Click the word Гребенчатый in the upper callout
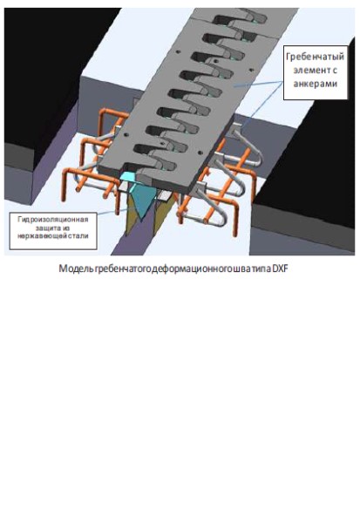tap(316, 57)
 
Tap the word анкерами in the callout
tap(316, 84)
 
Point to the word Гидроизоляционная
tap(53, 219)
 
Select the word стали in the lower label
tap(78, 235)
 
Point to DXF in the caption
tap(280, 268)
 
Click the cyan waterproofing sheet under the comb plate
tap(139, 194)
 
